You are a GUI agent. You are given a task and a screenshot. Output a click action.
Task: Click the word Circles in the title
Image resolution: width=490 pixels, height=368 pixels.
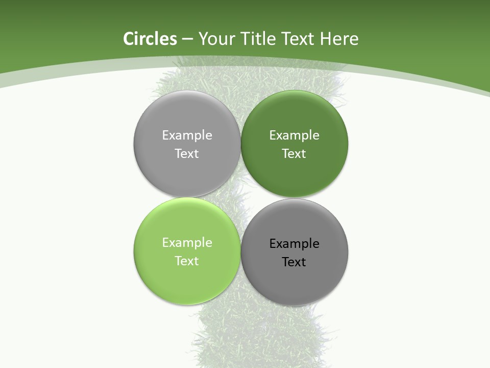(150, 39)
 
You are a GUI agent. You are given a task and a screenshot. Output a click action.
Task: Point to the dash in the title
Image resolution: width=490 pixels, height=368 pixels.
(187, 39)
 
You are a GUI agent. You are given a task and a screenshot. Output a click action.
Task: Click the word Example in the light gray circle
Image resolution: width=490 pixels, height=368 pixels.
(187, 135)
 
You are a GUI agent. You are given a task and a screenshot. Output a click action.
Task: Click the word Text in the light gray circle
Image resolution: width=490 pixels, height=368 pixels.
(187, 153)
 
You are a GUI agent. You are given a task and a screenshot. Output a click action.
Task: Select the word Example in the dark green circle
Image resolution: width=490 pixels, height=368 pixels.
(294, 135)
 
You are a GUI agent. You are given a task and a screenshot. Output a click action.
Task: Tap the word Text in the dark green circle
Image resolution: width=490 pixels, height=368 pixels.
(294, 153)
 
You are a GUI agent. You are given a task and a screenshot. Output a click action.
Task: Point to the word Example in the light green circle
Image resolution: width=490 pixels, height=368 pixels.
(187, 243)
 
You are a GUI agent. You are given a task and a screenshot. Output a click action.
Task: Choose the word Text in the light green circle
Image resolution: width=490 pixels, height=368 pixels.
(187, 261)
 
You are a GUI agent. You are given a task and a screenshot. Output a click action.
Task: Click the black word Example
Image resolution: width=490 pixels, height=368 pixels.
(294, 244)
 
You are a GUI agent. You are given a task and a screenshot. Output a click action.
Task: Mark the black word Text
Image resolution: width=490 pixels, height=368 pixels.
(294, 262)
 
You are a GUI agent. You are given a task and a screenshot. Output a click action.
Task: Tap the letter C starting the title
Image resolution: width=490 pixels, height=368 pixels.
(129, 39)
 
